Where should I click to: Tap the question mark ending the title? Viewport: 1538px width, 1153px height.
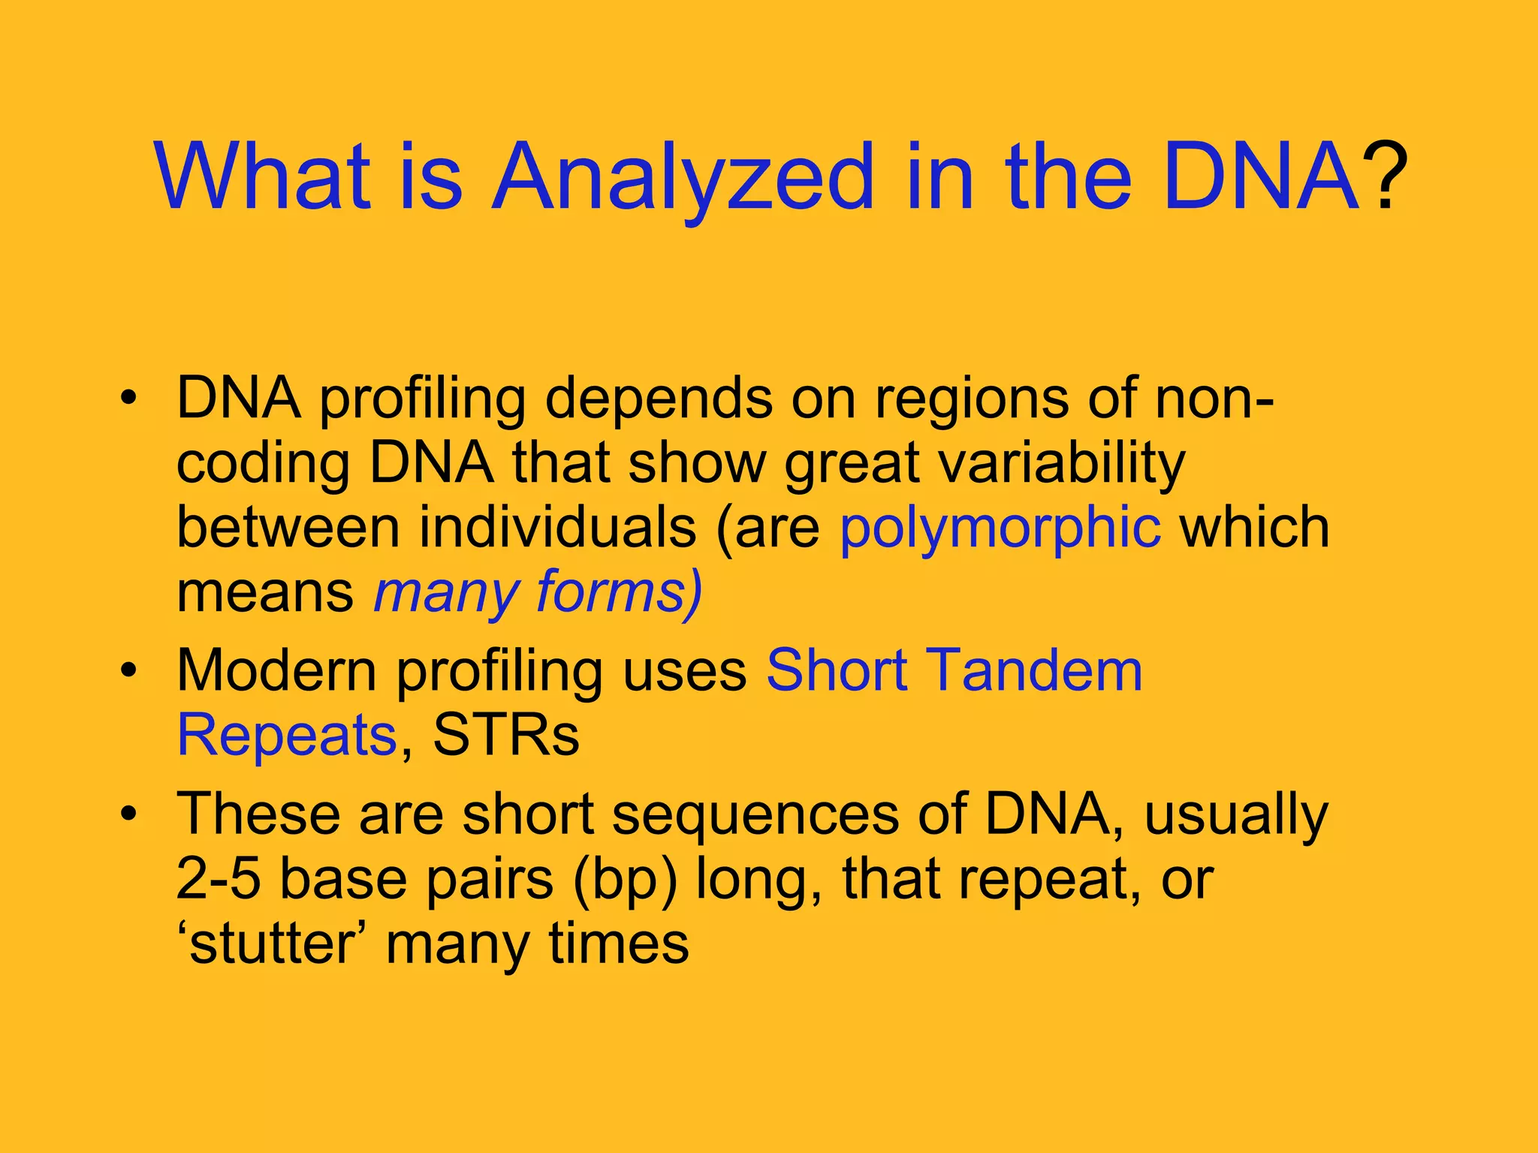point(1384,179)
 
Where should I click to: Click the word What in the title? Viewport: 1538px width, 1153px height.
point(263,179)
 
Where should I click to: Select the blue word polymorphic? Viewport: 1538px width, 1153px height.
point(1000,528)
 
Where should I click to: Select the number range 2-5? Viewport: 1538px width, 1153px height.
point(218,879)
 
